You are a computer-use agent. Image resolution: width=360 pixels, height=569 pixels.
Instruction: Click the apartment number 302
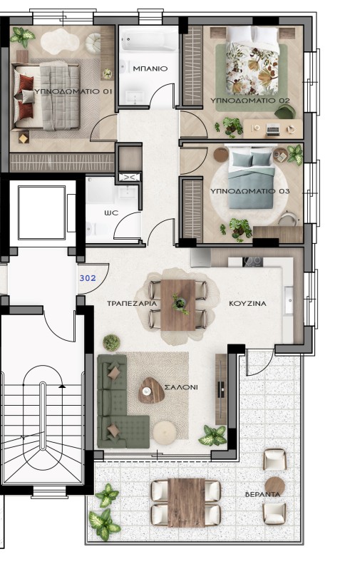[88, 278]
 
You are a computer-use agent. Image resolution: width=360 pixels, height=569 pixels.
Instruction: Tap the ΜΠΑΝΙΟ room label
[150, 68]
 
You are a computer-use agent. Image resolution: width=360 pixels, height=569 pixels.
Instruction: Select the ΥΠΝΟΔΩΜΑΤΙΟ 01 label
[73, 91]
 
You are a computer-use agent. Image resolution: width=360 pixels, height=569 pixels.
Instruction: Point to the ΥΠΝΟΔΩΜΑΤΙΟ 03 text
[250, 191]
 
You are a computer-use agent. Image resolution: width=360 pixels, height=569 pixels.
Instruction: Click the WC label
[111, 212]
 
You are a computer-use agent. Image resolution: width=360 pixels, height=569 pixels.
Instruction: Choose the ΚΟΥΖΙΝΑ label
[247, 303]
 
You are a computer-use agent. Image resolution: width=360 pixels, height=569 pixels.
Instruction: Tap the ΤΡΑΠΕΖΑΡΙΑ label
[132, 303]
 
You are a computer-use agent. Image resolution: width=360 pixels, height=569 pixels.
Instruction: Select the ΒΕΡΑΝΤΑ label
[263, 494]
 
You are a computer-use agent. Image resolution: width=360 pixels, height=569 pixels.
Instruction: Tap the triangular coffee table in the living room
[151, 391]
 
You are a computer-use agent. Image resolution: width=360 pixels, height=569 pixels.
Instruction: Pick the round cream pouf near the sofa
[165, 432]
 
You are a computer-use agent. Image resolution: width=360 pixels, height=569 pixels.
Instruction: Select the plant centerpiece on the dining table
[180, 303]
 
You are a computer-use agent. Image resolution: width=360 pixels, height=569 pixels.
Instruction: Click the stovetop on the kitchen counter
[252, 261]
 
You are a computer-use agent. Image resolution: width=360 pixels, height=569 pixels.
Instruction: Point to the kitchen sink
[289, 299]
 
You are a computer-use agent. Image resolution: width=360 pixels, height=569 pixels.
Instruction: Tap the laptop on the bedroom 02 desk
[273, 130]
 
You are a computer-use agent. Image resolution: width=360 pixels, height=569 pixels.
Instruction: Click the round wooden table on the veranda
[274, 486]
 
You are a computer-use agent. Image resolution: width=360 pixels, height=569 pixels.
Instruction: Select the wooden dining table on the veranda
[186, 503]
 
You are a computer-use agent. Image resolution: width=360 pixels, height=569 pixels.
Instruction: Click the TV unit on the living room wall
[221, 389]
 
